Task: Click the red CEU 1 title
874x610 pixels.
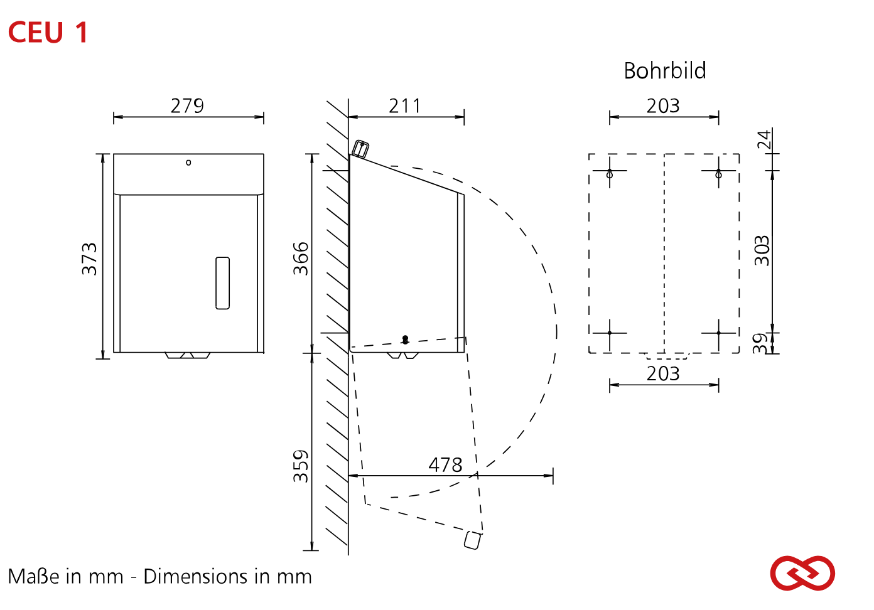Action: pos(48,33)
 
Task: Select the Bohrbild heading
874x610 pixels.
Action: pos(664,70)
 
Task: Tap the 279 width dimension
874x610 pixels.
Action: pos(187,105)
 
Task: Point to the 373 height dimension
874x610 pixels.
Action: pos(89,259)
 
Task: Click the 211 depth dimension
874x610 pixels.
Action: pos(404,105)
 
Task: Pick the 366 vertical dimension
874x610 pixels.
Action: pos(301,259)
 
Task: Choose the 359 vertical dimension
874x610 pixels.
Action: pos(301,466)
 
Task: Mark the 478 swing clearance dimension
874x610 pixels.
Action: pos(445,464)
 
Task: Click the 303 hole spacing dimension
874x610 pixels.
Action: pos(762,251)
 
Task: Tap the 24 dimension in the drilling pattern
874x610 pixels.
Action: pos(764,139)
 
